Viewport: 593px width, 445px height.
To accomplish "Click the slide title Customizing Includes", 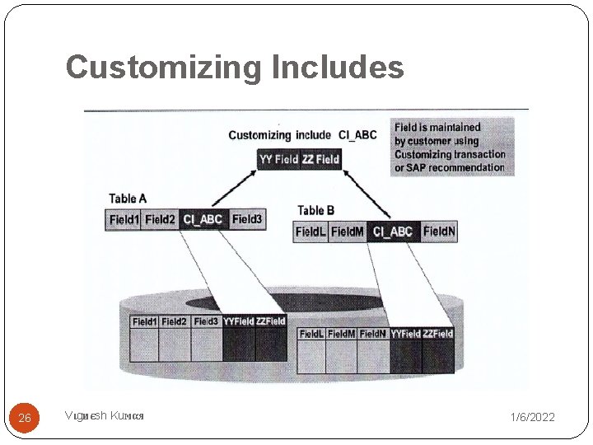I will (x=235, y=67).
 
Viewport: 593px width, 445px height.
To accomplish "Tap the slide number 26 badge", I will (x=25, y=418).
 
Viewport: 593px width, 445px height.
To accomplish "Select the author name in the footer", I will (x=105, y=416).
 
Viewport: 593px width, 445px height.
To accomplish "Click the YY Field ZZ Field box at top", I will (x=299, y=159).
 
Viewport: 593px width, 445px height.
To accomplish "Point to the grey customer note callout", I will (x=452, y=147).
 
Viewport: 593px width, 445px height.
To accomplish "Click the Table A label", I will (x=128, y=198).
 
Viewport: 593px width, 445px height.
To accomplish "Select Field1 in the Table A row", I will (x=124, y=220).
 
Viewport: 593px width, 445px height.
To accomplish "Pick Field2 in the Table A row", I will (x=160, y=220).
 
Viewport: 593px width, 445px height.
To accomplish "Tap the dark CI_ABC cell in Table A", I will (x=203, y=220).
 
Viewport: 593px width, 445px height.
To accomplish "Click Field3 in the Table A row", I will (x=246, y=220).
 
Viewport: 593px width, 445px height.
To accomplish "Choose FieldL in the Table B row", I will (x=311, y=232).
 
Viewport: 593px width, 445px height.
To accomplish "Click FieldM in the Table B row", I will (x=348, y=232).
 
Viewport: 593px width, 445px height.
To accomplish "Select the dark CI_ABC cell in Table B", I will (x=393, y=232).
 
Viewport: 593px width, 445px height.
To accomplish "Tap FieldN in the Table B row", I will (x=438, y=232).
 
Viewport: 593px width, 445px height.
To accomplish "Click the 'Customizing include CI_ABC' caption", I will (x=302, y=135).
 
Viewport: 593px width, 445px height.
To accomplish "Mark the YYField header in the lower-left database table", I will (x=238, y=321).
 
